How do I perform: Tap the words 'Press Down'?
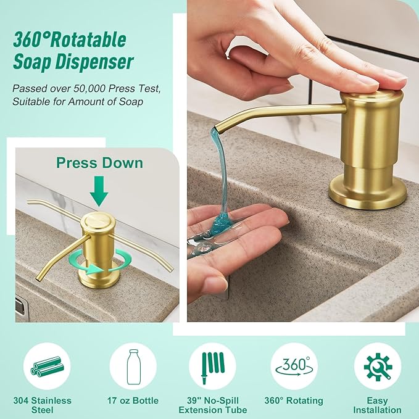tap(99, 163)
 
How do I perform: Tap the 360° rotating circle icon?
tap(294, 366)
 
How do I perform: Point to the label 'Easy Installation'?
tap(377, 405)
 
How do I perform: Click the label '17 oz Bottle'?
tap(132, 400)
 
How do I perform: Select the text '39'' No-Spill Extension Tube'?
tap(212, 405)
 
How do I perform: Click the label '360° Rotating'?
tap(294, 400)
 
